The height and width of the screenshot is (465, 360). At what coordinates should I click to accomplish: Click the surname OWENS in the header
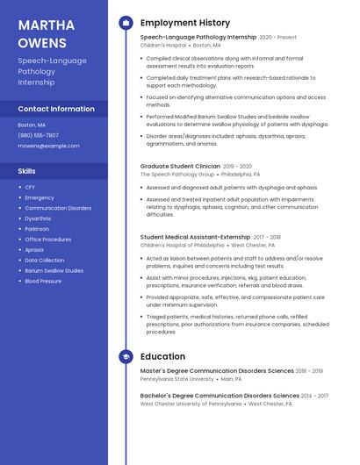(42, 42)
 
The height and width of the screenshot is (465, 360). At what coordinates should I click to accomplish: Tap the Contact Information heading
(56, 109)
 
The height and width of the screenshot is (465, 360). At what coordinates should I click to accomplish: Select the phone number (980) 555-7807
(38, 135)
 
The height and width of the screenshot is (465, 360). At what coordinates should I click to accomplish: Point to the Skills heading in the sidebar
(27, 171)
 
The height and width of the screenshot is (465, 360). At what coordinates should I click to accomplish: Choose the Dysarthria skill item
(38, 218)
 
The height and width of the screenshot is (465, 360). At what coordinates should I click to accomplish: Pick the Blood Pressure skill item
(43, 281)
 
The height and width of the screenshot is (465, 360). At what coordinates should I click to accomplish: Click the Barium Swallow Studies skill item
(54, 270)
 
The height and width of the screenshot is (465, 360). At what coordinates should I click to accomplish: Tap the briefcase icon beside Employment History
(126, 23)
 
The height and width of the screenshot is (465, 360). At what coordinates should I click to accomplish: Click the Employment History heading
(184, 23)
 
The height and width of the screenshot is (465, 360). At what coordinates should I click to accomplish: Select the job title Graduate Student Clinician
(180, 166)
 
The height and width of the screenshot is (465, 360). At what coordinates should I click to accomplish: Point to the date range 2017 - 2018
(267, 237)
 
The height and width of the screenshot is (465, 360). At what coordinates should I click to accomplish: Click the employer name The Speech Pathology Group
(176, 175)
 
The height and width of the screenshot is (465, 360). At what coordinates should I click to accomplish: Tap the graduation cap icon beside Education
(126, 357)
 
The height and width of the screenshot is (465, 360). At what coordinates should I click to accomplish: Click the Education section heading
(162, 357)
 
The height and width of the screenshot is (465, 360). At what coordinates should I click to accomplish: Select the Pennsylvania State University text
(176, 379)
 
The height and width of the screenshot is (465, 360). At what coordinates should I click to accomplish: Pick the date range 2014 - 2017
(314, 396)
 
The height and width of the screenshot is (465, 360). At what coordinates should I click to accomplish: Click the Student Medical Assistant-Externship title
(195, 237)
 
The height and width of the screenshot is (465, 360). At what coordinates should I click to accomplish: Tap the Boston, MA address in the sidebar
(32, 125)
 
